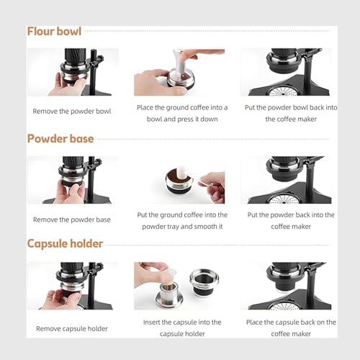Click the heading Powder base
(60, 138)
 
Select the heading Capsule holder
(65, 243)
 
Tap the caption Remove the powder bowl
(72, 112)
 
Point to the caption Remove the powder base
(72, 219)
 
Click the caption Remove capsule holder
(72, 328)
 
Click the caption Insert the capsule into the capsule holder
(182, 328)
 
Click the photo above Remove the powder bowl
(72, 72)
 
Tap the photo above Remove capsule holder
(72, 286)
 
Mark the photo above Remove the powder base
(72, 180)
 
